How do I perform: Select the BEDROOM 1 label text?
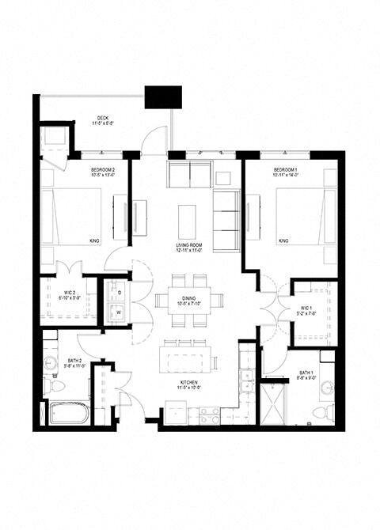(x=286, y=171)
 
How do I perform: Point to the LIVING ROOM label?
(x=189, y=247)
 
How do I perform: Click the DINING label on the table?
(x=189, y=301)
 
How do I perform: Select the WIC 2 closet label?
(x=70, y=296)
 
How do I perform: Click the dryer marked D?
(x=119, y=293)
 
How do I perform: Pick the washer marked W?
(x=119, y=312)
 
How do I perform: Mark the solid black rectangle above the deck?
(x=162, y=97)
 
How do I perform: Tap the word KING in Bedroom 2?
(x=94, y=240)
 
